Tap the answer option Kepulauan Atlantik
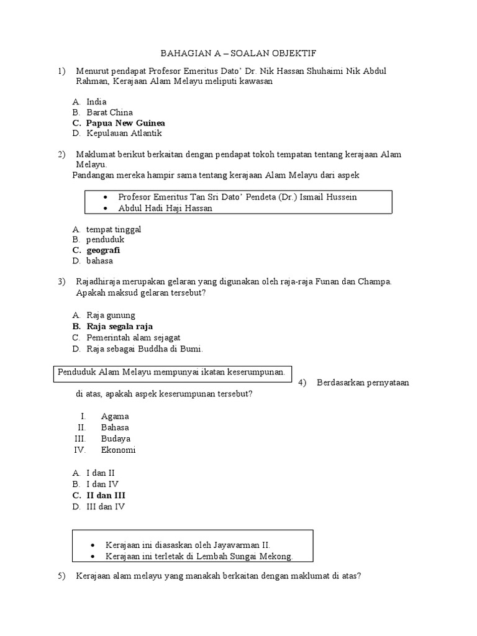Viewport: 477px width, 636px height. coord(124,134)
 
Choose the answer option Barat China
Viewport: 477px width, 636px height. coord(109,112)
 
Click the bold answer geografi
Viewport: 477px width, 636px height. coord(103,250)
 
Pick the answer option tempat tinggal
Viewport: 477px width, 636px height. coord(114,229)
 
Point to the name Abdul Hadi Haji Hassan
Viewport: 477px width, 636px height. coord(165,208)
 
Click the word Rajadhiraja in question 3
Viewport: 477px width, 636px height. coord(101,282)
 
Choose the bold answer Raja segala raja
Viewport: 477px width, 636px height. coord(119,326)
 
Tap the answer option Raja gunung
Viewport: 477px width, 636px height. coord(111,315)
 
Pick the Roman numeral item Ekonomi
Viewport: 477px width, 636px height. coord(118,450)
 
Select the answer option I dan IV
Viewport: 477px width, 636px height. coord(102,484)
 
